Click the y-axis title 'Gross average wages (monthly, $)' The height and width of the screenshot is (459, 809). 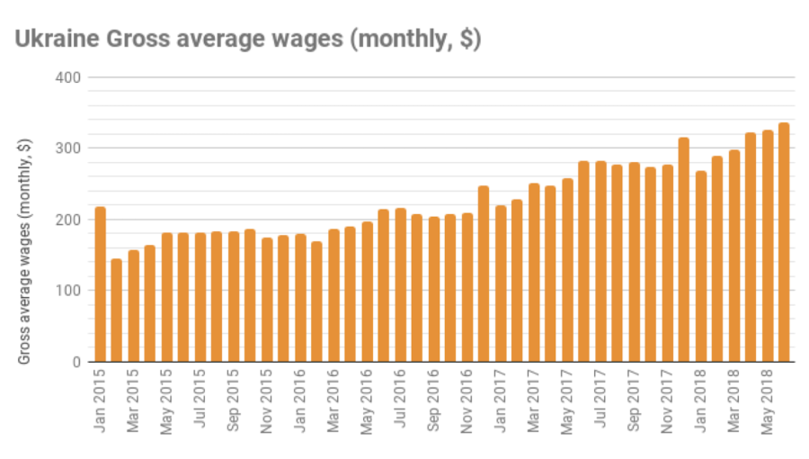point(25,252)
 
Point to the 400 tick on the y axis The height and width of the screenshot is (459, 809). point(72,77)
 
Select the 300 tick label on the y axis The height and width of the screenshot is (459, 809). point(72,148)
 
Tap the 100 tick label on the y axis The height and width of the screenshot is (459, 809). point(72,291)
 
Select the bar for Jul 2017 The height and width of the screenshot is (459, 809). point(600,261)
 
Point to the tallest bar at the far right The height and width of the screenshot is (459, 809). point(784,242)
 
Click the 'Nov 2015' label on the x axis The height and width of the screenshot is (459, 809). point(267,401)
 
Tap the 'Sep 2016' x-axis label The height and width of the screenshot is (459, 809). point(434,401)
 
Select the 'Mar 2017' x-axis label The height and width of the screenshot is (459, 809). point(534,401)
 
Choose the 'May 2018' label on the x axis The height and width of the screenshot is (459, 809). point(768,401)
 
